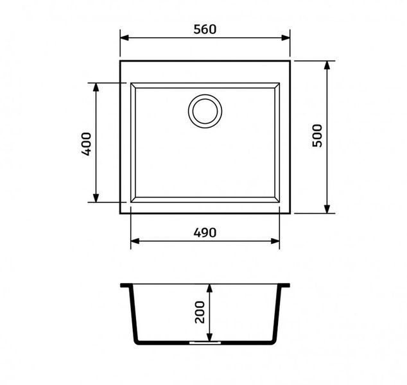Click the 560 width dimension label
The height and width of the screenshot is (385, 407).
[205, 30]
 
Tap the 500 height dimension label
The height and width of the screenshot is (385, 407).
[317, 135]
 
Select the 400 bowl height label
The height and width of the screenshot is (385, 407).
[87, 144]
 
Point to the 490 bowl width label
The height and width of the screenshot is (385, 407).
[205, 233]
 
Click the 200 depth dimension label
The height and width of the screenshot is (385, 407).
[200, 312]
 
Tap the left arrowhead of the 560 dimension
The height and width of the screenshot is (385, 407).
[125, 38]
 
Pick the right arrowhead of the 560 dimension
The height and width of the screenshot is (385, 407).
[286, 38]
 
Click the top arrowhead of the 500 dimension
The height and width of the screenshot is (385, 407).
[327, 65]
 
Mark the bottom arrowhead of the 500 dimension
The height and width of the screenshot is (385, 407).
[327, 209]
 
